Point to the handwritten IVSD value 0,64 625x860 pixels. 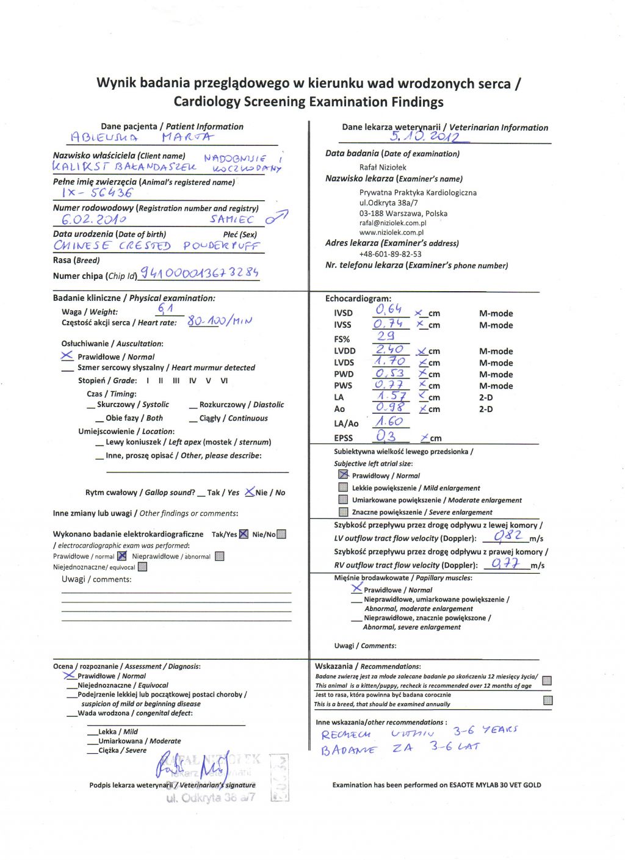(x=388, y=310)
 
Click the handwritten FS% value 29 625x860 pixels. (x=386, y=336)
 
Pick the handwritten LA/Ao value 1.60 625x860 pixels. (x=389, y=421)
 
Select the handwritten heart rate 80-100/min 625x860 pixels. (x=220, y=321)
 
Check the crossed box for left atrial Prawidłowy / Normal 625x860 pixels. (x=343, y=475)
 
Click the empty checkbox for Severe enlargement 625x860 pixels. (x=343, y=511)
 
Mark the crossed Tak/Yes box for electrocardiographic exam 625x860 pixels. (x=244, y=534)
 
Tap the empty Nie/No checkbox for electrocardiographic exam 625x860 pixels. (x=281, y=534)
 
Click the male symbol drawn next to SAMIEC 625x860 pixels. (x=276, y=217)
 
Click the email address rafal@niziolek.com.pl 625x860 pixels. (x=392, y=223)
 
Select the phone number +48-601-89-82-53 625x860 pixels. (x=390, y=254)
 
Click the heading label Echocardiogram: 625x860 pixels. (x=358, y=299)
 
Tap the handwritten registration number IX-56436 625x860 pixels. (x=97, y=193)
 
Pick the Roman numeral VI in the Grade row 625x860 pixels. (x=224, y=380)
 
